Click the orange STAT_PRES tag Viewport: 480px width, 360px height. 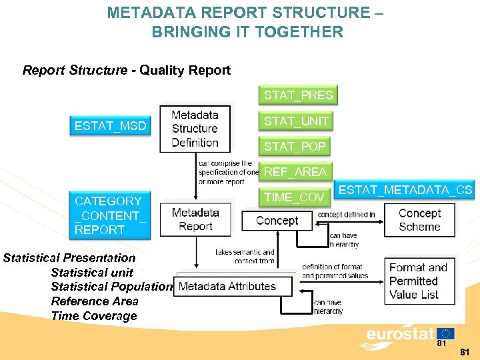click(x=298, y=95)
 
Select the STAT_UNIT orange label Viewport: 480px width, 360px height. click(x=296, y=121)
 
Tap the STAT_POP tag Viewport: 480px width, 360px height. click(x=295, y=146)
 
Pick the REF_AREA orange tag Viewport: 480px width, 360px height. click(x=295, y=171)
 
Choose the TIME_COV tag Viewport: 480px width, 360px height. click(x=294, y=197)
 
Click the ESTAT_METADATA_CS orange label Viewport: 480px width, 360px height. click(x=405, y=190)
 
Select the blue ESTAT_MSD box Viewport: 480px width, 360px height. click(x=111, y=126)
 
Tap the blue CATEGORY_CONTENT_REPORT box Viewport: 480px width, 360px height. click(x=111, y=215)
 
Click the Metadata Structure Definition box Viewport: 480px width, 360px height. click(x=195, y=128)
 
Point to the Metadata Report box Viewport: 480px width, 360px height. click(x=195, y=219)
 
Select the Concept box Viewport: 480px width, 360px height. click(x=277, y=221)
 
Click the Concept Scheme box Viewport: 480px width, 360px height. click(x=419, y=220)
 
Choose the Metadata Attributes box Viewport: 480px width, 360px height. click(x=233, y=286)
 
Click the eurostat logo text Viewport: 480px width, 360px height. click(x=400, y=333)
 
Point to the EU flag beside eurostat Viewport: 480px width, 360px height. click(x=445, y=333)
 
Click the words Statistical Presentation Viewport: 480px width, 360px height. click(x=69, y=258)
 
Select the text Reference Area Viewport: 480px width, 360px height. click(x=95, y=301)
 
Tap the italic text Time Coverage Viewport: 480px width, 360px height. click(x=94, y=316)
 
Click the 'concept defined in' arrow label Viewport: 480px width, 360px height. click(x=346, y=215)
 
